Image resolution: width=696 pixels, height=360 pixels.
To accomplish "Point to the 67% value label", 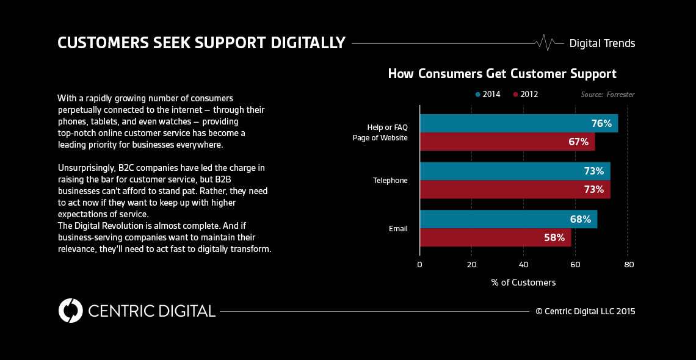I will [578, 142].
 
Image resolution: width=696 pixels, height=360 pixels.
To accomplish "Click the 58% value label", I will [554, 237].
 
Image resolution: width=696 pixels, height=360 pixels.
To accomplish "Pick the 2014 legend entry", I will [488, 95].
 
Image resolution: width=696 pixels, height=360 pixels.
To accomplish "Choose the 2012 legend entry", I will [526, 95].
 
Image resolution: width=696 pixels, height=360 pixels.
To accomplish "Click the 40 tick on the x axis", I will [523, 264].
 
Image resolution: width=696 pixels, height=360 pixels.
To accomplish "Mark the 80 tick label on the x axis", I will [629, 264].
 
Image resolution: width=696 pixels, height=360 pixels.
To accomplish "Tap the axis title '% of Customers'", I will [523, 283].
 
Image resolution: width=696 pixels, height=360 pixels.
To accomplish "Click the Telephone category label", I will [390, 181].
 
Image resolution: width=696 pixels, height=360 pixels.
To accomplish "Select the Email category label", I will [398, 229].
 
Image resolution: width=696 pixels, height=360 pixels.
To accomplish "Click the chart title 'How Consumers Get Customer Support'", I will [502, 74].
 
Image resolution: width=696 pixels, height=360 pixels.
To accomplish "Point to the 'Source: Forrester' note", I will [607, 95].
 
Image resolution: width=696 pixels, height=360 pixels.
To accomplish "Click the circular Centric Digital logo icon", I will [71, 311].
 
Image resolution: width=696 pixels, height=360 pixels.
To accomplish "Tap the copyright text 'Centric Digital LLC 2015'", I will [585, 311].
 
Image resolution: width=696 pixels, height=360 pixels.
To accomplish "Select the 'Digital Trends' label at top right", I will [602, 43].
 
